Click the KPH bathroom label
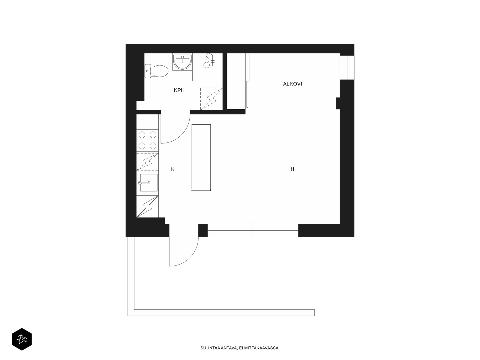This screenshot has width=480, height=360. click(179, 90)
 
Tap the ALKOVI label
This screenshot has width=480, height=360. click(292, 84)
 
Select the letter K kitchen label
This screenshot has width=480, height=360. click(173, 169)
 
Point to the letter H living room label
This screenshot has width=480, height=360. click(292, 169)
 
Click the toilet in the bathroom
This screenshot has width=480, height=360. click(156, 71)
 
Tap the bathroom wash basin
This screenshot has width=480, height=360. click(182, 62)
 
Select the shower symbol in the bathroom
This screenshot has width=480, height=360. click(209, 61)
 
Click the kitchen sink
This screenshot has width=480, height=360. click(148, 183)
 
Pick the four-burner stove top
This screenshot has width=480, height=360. click(147, 140)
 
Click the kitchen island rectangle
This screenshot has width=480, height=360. click(201, 157)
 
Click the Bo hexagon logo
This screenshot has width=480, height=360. click(22, 339)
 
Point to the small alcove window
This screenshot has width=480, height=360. click(347, 67)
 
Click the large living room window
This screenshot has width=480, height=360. click(253, 230)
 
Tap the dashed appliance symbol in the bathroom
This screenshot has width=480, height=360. click(211, 99)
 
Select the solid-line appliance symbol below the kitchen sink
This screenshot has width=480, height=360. click(147, 206)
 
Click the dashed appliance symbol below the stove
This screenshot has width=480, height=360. click(147, 162)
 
